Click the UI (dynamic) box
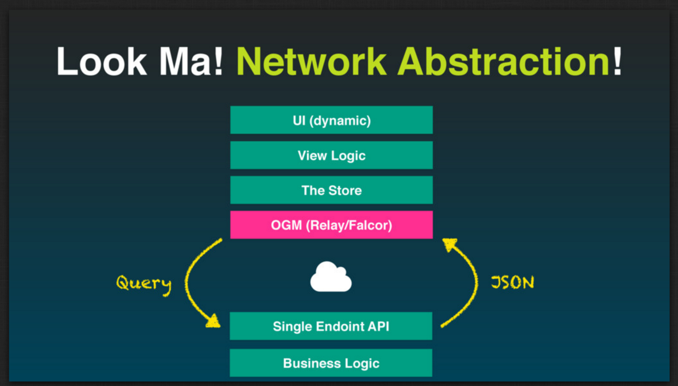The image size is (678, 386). point(331,120)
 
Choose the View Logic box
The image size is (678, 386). point(331,155)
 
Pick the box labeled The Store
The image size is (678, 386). point(331,190)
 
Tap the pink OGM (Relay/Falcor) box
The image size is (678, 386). point(331,225)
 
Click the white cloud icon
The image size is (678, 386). point(330,277)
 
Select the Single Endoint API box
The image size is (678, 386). point(331,326)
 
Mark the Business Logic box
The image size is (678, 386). point(331,363)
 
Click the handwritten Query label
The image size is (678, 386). point(144,283)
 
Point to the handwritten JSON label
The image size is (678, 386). point(513,282)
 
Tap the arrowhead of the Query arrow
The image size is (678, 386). point(213,321)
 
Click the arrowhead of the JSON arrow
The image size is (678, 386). point(449,244)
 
